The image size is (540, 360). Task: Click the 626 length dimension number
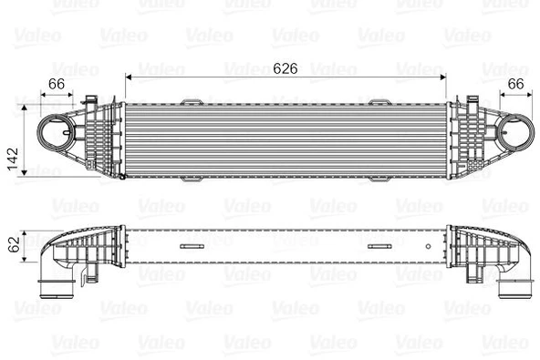286,67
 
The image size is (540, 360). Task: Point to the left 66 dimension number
57,84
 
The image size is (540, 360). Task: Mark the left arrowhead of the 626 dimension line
129,77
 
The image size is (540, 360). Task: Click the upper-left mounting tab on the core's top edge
193,101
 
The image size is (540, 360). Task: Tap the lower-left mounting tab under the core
193,180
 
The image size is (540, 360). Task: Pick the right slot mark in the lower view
381,246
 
